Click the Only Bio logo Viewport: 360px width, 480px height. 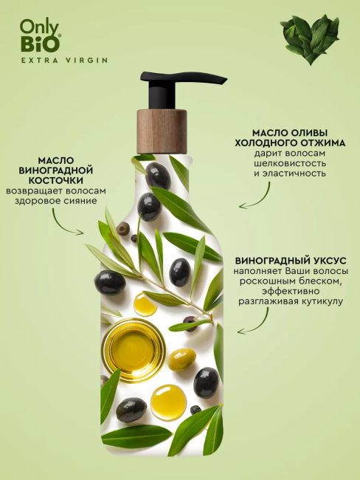[x=41, y=37]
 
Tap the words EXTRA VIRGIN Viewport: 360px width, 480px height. [x=64, y=60]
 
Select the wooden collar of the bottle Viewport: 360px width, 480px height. [x=162, y=131]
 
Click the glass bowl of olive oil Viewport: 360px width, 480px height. [x=133, y=349]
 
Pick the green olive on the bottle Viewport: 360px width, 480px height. [x=182, y=360]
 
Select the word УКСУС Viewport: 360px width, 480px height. [x=329, y=261]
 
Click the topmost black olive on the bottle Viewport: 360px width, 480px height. [x=158, y=176]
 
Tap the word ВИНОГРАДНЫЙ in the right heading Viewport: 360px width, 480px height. [x=271, y=261]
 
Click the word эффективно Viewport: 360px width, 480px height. [x=290, y=290]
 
